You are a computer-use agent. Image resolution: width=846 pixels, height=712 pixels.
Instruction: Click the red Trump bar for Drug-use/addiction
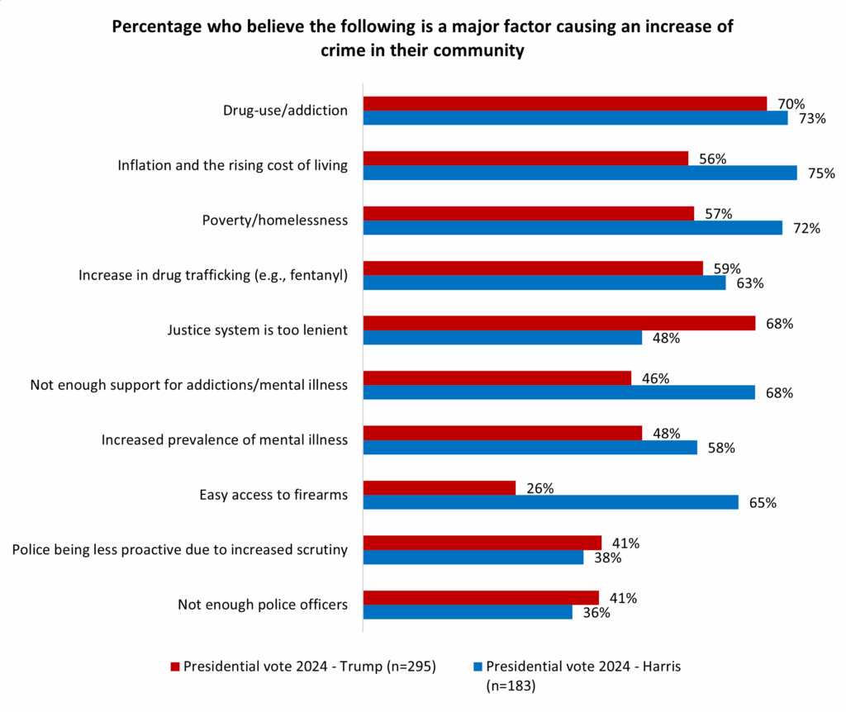coord(565,103)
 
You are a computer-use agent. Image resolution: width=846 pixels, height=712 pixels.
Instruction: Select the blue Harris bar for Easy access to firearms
coord(551,502)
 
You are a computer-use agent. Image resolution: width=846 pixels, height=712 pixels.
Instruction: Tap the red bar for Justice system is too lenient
coord(559,323)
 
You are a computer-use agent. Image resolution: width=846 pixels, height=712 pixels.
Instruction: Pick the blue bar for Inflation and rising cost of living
coord(580,173)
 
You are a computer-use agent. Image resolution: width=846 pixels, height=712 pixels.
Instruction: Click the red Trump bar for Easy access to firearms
coord(440,487)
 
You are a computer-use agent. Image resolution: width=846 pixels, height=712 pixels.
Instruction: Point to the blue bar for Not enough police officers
coord(468,612)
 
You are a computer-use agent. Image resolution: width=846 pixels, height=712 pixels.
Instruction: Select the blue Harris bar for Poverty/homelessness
coord(573,227)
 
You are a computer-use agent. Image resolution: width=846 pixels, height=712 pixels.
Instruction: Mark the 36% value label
coord(596,613)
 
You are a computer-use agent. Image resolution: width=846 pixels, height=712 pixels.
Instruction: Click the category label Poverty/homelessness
coord(274,221)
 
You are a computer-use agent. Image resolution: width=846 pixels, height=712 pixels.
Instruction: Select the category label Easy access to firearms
coord(273,495)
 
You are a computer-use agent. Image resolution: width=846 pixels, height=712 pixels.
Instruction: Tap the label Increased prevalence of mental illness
coord(224,440)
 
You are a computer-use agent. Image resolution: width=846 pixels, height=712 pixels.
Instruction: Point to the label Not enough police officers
coord(262,605)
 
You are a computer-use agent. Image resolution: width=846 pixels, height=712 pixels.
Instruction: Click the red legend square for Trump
coord(174,667)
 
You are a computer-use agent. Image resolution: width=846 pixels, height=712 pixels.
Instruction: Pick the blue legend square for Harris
coord(478,667)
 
